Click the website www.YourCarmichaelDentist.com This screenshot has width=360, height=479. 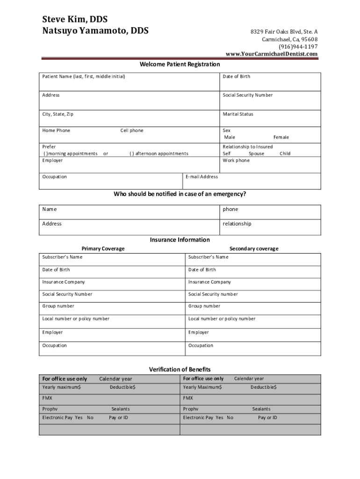(271, 54)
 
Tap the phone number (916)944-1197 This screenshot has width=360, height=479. (298, 47)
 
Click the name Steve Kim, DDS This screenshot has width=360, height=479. (75, 19)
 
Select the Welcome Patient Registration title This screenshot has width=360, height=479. (180, 64)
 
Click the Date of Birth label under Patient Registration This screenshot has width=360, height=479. (236, 76)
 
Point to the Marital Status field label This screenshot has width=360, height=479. (238, 114)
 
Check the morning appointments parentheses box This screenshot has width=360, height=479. (45, 153)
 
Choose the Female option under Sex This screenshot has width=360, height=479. (281, 137)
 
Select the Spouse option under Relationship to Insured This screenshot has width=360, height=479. (256, 153)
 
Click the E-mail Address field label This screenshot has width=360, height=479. (202, 177)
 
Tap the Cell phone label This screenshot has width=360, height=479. (132, 131)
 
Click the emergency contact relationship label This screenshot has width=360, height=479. (237, 224)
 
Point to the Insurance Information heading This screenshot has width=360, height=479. (180, 239)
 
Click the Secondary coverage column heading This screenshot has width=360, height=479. (253, 248)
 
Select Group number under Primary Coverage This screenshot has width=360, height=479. (58, 306)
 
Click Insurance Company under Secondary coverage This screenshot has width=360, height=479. (209, 282)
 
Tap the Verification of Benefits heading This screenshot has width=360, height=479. (180, 370)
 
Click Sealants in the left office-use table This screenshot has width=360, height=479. (120, 409)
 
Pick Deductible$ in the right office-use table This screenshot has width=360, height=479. (263, 387)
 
